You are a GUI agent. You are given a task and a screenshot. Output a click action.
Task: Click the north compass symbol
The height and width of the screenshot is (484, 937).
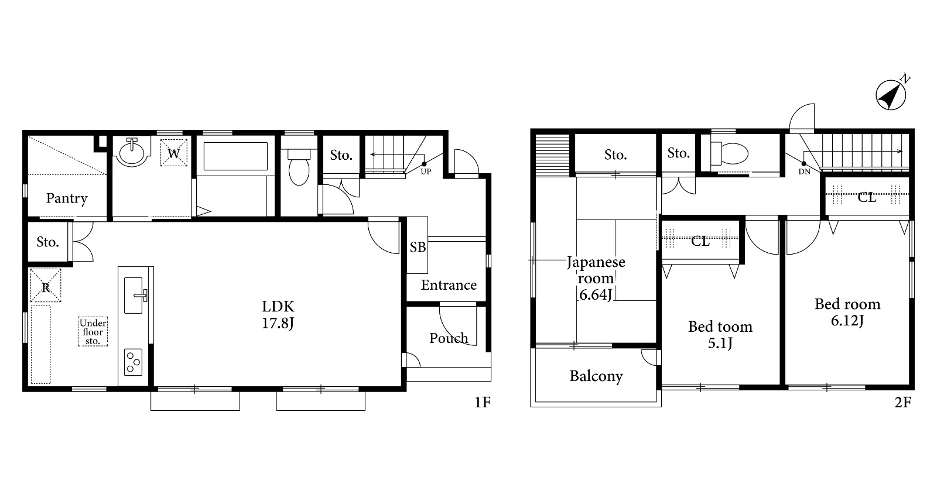tap(891, 95)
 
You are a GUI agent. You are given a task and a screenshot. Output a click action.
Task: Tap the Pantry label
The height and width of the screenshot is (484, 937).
tap(67, 198)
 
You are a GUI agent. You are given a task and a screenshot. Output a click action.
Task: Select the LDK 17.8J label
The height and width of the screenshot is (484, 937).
tap(278, 315)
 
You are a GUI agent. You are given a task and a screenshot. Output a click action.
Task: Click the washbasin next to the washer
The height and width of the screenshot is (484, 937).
tap(132, 152)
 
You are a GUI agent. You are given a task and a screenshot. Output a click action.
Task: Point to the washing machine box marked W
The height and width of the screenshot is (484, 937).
tap(173, 153)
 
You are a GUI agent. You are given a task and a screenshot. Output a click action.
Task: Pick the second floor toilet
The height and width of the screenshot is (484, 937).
tap(729, 153)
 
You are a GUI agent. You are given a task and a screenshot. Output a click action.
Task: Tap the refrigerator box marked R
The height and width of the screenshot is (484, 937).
tap(46, 285)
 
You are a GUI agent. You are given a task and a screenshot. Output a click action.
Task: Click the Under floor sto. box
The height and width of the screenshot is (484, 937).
tap(93, 331)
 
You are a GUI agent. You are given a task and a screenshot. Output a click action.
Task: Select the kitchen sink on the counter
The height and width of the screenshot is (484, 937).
tap(134, 295)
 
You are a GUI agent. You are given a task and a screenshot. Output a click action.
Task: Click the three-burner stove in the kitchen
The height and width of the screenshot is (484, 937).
tap(133, 362)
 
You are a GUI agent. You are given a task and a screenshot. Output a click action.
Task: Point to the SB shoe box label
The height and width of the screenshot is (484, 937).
tap(418, 248)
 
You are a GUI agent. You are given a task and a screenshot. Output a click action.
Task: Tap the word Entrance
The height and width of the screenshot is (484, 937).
tap(449, 285)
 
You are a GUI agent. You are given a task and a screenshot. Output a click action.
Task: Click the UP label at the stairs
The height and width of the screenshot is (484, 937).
tap(426, 171)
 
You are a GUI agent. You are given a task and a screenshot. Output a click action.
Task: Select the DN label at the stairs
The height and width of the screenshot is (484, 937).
tap(805, 171)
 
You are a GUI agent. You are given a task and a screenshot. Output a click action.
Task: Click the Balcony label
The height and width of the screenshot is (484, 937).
tap(596, 376)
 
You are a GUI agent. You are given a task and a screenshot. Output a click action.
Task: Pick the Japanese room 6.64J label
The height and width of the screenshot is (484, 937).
tap(596, 279)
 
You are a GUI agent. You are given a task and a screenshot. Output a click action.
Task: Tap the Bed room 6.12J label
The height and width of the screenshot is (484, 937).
tap(847, 312)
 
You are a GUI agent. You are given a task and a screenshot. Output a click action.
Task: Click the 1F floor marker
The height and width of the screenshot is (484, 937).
tap(483, 402)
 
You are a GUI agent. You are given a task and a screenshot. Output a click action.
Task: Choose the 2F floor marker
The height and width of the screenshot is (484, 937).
tap(902, 402)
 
